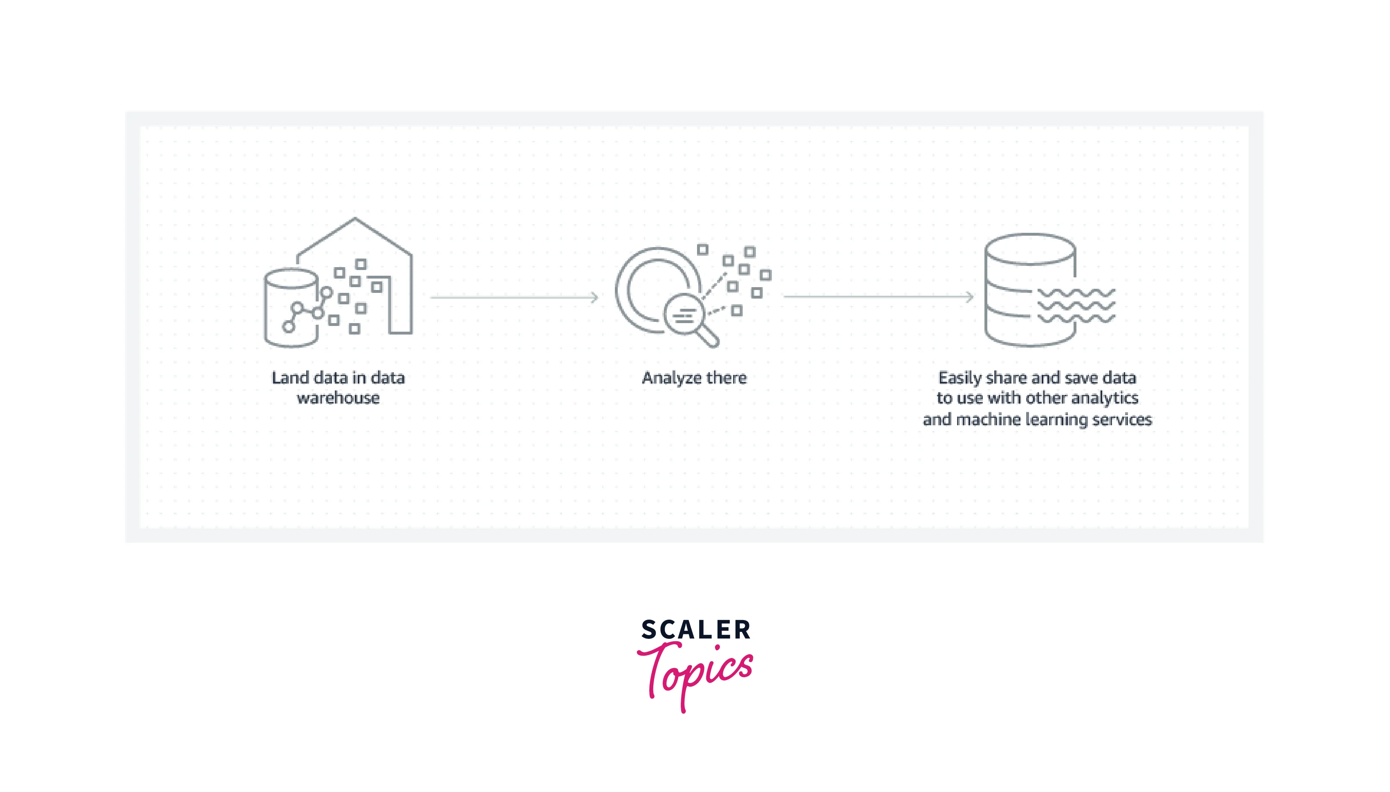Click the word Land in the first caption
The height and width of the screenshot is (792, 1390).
tap(290, 377)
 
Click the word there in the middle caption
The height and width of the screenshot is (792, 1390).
tap(726, 377)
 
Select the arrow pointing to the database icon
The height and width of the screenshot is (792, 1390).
tap(878, 297)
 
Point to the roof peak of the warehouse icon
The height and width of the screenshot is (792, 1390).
tap(355, 219)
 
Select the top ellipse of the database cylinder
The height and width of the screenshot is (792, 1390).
tap(1030, 249)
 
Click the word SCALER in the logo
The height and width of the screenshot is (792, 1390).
tap(696, 630)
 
